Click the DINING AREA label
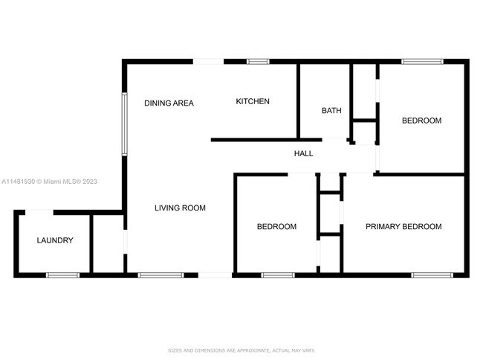pos(169,103)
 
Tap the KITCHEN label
pos(253,101)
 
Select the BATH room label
pos(331,111)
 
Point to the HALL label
pos(303,153)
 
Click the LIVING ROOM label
pos(180,208)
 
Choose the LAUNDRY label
pos(55,240)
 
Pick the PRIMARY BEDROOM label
pos(403,227)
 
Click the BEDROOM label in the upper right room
pos(421,121)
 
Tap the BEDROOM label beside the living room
pos(276,227)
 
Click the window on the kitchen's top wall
pos(258,62)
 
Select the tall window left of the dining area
pos(125,122)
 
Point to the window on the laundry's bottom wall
pos(62,275)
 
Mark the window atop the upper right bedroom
pos(422,62)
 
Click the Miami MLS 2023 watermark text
pos(49,181)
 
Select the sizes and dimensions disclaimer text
pos(241,349)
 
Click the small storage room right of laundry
pos(108,244)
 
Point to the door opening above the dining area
pos(208,62)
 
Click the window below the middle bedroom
pos(278,275)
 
